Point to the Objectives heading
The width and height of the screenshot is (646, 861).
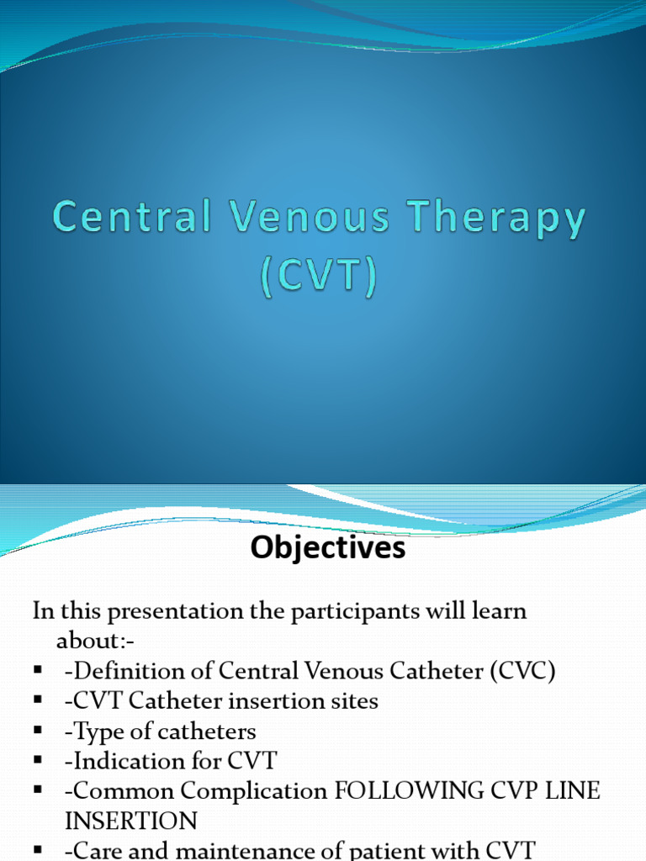point(328,548)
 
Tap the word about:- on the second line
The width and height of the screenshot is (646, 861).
point(95,641)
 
